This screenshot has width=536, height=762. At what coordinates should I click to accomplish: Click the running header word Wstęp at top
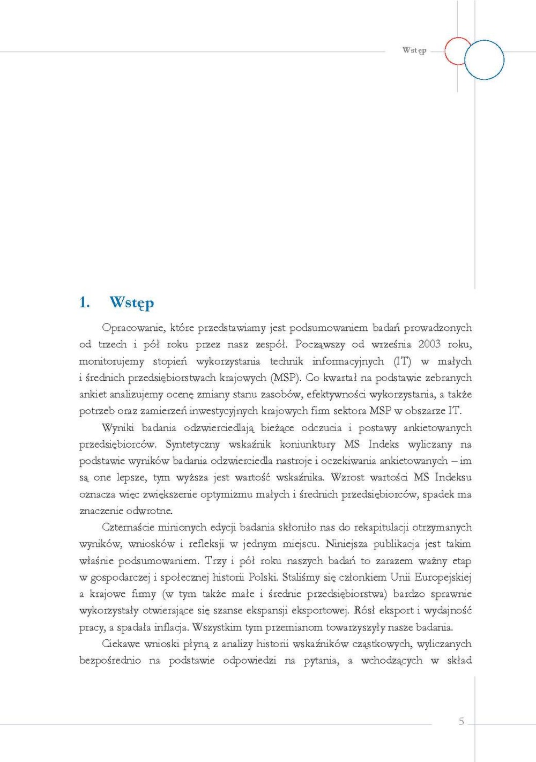pos(414,50)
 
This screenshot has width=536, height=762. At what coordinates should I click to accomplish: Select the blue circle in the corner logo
pos(484,60)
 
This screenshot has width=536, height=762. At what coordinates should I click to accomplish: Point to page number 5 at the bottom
pos(461,721)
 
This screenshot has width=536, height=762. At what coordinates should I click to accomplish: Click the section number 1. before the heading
pos(84,302)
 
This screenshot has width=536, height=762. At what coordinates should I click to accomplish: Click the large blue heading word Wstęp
pos(131,302)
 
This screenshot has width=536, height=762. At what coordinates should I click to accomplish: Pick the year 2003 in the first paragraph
pos(429,344)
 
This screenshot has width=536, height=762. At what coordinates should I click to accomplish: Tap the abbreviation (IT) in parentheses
pos(402,361)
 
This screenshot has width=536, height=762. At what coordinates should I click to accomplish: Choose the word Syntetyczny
pos(192,444)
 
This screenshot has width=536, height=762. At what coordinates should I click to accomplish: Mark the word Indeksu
pos(453,477)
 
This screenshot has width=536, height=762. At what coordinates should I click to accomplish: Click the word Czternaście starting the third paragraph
pos(129,527)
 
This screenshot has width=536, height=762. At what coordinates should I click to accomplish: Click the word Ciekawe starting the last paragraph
pos(121,643)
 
